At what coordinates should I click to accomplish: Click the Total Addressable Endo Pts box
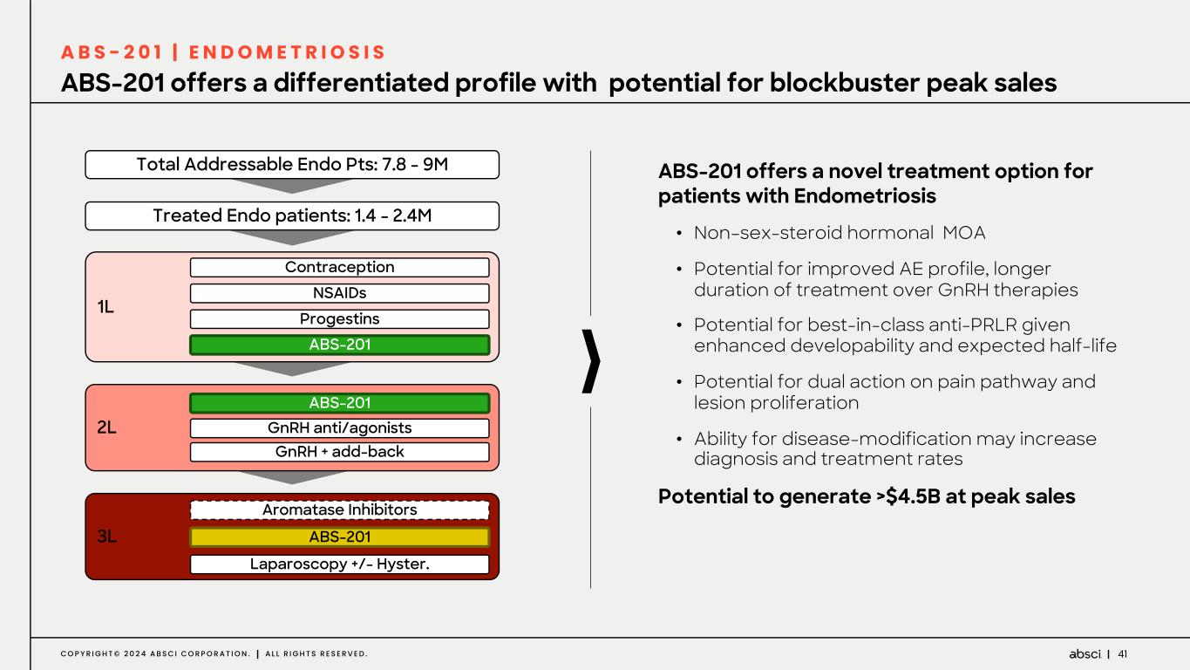292,164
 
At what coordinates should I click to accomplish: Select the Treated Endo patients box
292,215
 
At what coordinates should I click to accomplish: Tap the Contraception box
339,267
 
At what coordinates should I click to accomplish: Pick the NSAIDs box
339,293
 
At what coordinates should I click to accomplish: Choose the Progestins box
339,319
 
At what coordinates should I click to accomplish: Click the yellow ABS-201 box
339,537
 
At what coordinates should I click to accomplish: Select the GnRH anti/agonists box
339,428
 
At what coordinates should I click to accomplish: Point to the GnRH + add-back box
339,452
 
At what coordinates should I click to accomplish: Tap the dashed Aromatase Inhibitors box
339,510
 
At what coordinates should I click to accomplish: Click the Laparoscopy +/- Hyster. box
339,564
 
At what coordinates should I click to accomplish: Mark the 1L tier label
105,307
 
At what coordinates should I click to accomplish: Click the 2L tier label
106,427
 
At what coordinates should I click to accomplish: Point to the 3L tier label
106,537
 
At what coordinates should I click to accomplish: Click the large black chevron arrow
592,361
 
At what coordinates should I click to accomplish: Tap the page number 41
1123,654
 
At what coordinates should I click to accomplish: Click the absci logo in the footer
1085,654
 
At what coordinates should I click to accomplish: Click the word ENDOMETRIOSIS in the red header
288,52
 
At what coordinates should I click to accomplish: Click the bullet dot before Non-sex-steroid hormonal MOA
679,234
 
